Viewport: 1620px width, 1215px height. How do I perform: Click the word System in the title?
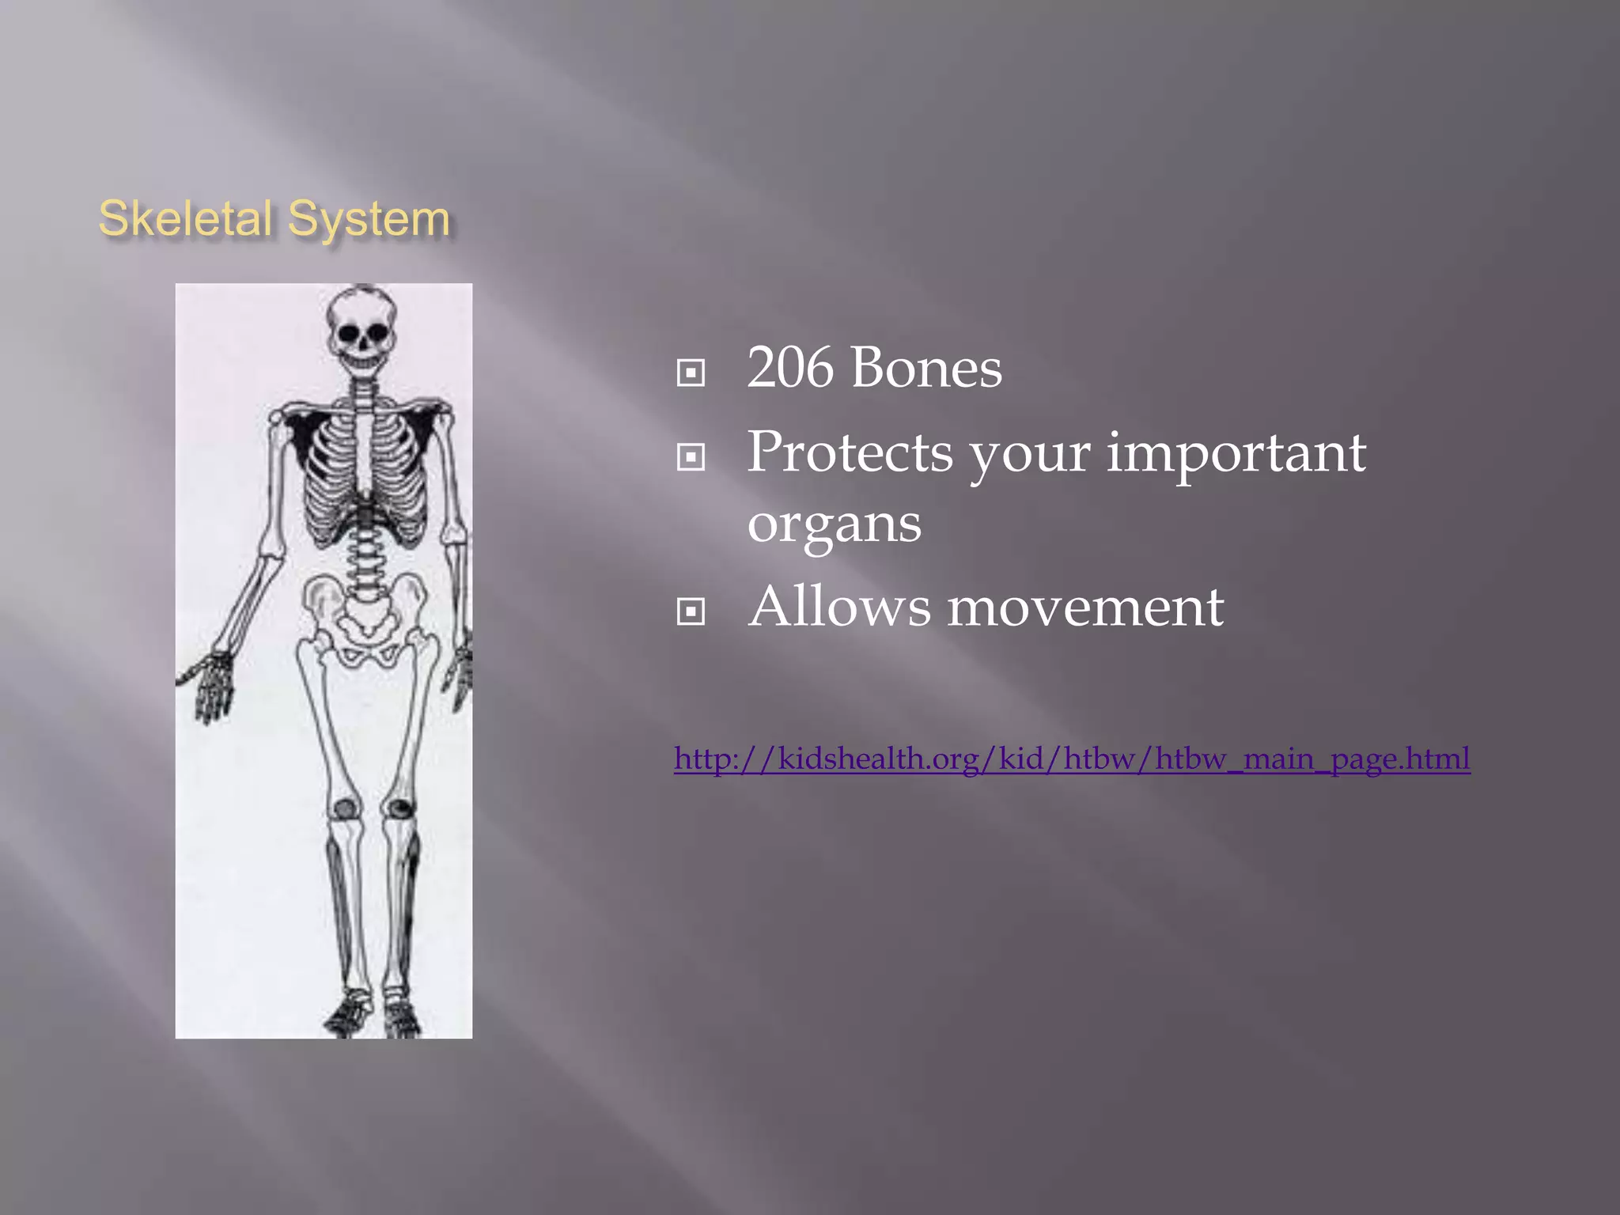[369, 218]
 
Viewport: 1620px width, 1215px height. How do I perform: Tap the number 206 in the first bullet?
[789, 369]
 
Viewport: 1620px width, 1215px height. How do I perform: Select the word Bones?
[926, 369]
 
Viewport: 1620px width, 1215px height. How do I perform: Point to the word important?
[1236, 452]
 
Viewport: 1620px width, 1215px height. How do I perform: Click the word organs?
[835, 524]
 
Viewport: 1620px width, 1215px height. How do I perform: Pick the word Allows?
[840, 607]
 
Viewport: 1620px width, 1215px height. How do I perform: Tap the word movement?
[1085, 607]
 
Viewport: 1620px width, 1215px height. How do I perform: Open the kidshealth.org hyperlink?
[1072, 759]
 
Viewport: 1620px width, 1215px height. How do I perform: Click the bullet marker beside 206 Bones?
[691, 373]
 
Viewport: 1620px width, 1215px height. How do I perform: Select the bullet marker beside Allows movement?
[691, 611]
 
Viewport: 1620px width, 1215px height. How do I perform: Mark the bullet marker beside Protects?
[691, 456]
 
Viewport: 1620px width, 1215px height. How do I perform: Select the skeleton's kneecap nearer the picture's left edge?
[345, 808]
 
